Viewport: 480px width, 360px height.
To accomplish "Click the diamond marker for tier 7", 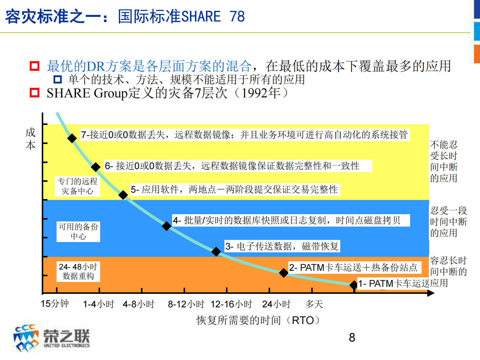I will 72,138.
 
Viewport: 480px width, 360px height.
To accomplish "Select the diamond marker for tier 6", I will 96,167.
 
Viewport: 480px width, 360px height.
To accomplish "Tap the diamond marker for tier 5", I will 123,195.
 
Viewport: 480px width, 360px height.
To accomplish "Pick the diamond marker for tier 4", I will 166,226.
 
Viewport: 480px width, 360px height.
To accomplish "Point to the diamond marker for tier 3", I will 216,251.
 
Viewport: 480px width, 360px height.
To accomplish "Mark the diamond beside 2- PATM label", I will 283,273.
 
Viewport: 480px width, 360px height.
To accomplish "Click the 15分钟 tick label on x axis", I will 55,303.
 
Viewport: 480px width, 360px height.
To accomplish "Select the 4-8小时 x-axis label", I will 139,304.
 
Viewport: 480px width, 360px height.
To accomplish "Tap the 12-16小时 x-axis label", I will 231,304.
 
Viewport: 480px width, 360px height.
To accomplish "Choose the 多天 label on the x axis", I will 314,304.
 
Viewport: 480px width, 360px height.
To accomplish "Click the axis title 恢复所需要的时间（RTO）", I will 259,320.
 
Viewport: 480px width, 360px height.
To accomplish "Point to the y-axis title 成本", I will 31,139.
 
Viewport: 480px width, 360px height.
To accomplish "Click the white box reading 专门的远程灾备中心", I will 78,186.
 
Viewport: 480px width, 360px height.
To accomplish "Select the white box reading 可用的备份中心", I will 78,231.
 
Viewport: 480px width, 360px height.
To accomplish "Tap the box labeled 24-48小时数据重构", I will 78,271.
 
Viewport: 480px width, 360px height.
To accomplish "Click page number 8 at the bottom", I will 352,338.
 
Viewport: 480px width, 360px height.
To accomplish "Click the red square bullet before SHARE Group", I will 34,93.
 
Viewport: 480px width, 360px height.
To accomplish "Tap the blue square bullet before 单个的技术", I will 57,80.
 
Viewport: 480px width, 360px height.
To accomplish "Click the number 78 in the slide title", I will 237,16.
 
